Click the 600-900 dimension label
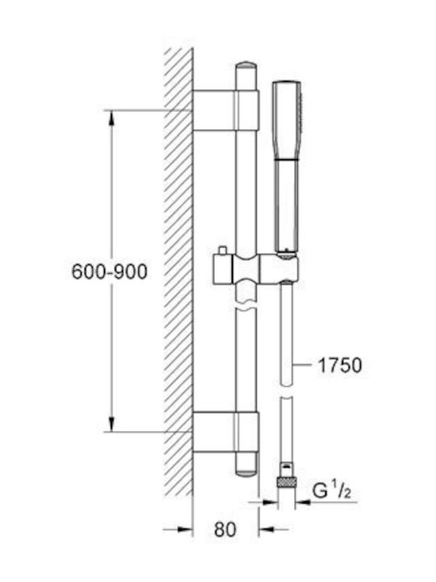point(109,272)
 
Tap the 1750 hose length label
point(340,365)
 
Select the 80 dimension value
point(225,529)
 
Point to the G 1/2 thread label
point(332,491)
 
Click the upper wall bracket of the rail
point(225,110)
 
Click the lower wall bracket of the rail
point(225,432)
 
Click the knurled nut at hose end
point(287,483)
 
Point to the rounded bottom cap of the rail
point(245,471)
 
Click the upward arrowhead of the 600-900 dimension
point(111,118)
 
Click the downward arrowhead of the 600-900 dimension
point(111,424)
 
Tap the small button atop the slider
point(223,251)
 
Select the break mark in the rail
point(245,307)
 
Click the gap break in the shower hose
point(287,390)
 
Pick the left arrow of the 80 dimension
point(178,529)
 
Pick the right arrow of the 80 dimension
point(273,529)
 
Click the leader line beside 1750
point(302,365)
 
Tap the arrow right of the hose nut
point(304,502)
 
